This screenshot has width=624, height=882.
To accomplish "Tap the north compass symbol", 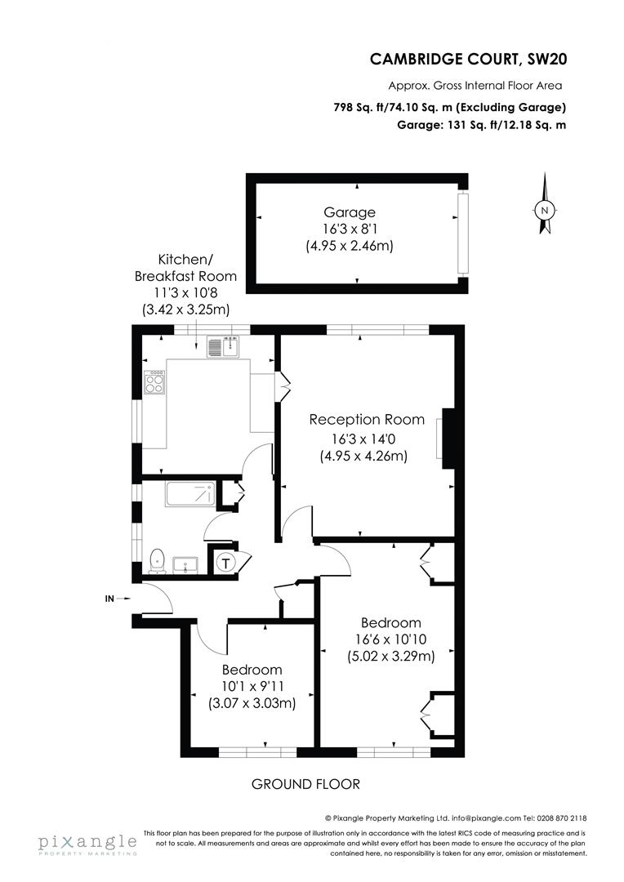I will (x=545, y=209).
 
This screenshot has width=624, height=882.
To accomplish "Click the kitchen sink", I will (x=221, y=348).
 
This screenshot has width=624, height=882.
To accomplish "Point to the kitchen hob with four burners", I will (x=154, y=382).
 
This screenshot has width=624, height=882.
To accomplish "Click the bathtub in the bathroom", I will (x=190, y=495).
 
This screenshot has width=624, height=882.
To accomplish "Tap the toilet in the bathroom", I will (x=158, y=559).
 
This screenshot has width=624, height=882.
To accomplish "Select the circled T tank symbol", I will (x=225, y=562).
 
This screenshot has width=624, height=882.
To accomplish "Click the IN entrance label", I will (x=109, y=599).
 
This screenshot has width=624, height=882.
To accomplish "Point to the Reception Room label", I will (x=367, y=420).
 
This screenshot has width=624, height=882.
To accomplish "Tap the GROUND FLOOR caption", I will (x=305, y=784).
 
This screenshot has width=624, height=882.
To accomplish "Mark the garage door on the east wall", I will (x=464, y=234).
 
